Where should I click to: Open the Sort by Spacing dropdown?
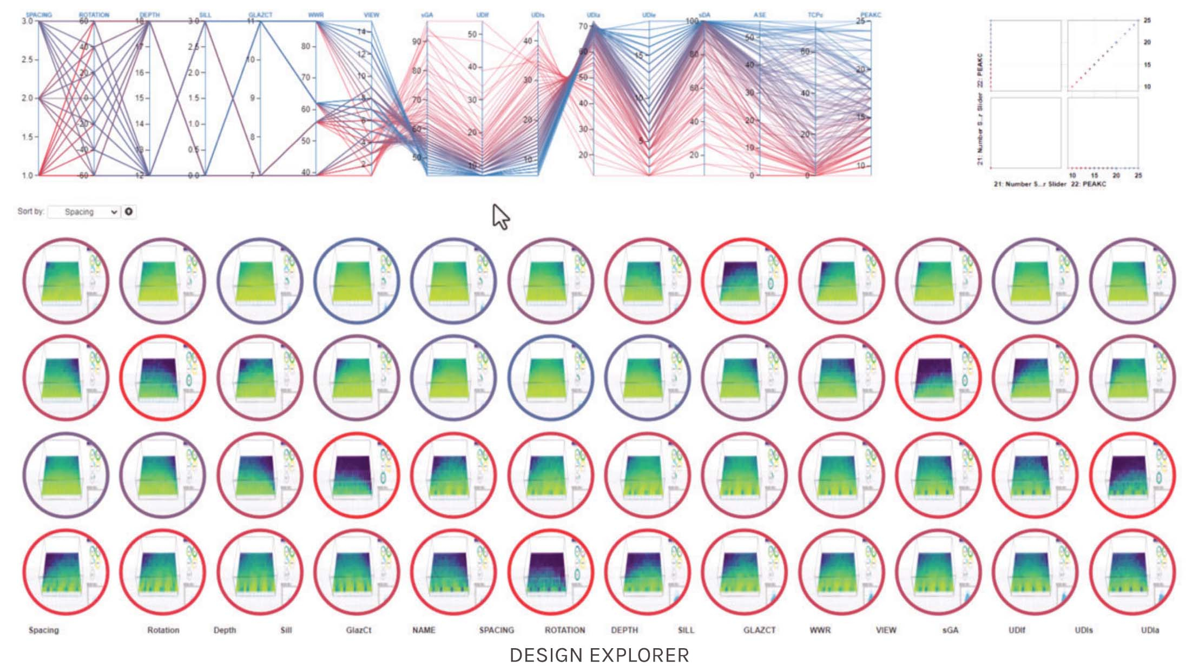84,212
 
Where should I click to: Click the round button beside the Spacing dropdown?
129,212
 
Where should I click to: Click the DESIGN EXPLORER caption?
599,655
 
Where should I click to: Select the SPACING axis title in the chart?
39,15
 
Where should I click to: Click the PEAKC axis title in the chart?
871,15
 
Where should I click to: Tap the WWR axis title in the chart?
316,15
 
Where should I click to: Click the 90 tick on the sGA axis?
417,42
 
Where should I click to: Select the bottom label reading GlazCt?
358,630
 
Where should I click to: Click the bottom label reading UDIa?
1150,630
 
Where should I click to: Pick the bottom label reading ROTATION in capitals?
564,630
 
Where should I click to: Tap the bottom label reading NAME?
424,630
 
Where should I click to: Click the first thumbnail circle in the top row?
65,281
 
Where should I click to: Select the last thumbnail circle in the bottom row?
1132,572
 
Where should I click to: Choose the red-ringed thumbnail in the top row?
745,281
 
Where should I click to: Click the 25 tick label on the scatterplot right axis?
1147,20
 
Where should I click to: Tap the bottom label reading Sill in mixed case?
286,630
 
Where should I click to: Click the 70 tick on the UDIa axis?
583,26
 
